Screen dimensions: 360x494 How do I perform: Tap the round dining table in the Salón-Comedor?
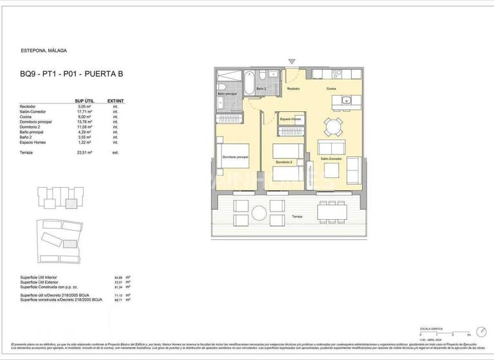332,126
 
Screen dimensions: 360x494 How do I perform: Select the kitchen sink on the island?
346,100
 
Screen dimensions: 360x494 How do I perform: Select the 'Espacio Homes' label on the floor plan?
290,120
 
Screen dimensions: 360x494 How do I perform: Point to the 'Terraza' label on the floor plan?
296,217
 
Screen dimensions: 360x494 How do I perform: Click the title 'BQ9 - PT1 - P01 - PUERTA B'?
71,74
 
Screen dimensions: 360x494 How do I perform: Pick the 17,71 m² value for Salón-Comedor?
84,111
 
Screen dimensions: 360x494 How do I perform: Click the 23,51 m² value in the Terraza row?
84,152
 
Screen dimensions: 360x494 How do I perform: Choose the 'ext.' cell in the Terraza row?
116,152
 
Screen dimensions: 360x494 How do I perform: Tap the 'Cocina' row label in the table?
28,116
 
